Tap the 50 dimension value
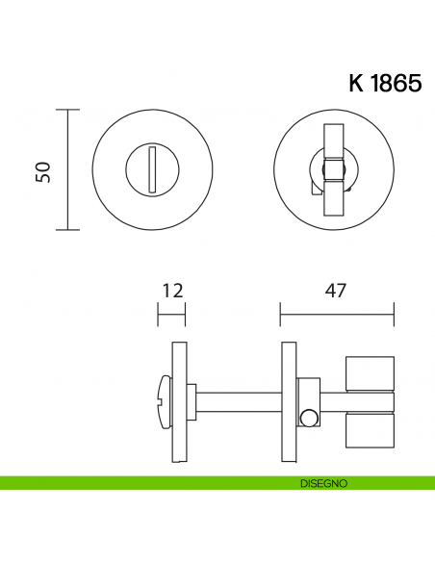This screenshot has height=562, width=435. pyautogui.click(x=43, y=170)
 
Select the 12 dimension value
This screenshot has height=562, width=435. pyautogui.click(x=172, y=290)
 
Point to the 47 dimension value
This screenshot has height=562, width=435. pyautogui.click(x=336, y=290)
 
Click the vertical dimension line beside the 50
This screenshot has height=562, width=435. pyautogui.click(x=66, y=170)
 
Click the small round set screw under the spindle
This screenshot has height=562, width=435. pyautogui.click(x=308, y=418)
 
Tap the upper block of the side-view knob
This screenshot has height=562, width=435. pyautogui.click(x=370, y=373)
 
